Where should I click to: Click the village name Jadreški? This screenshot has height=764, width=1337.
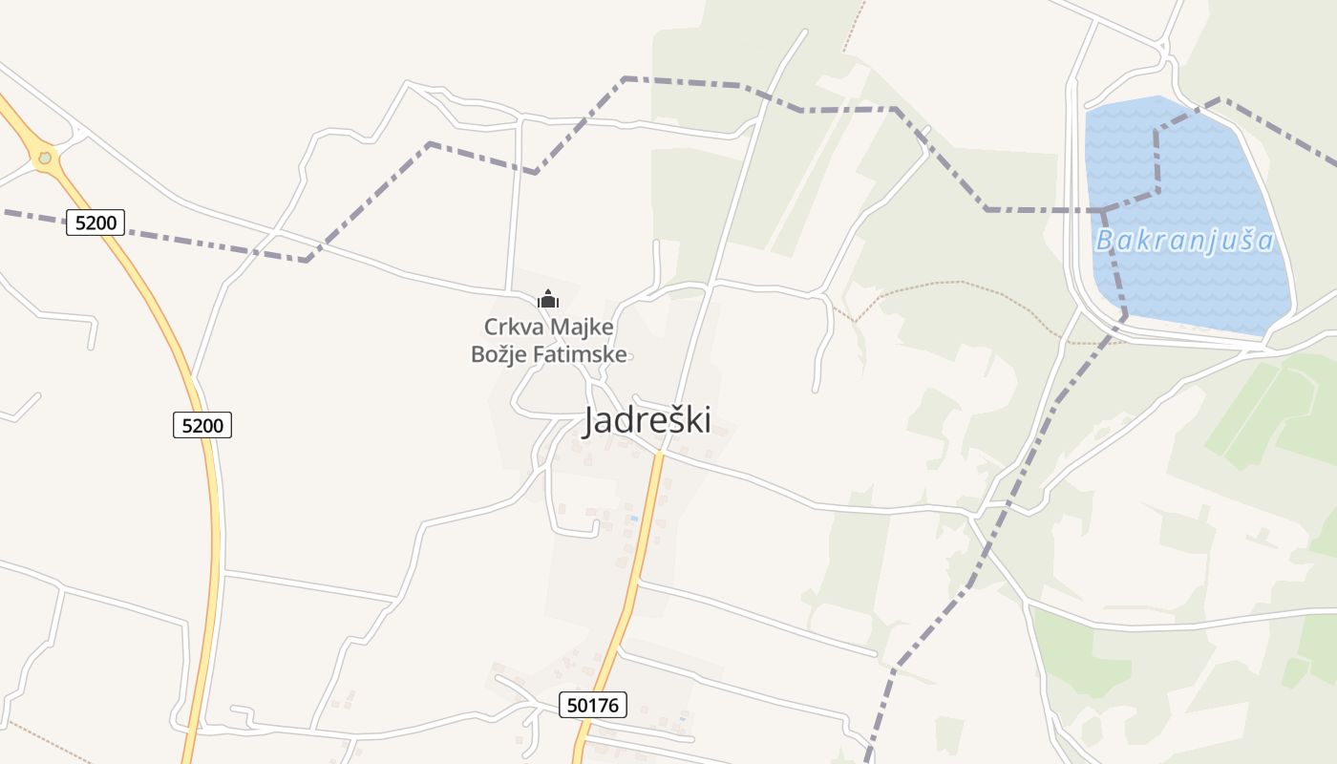pos(647,419)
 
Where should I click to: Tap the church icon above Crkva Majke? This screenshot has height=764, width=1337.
pos(548,300)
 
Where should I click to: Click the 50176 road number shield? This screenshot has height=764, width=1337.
pos(593,706)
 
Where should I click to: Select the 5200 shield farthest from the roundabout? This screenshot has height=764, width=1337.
pos(202,425)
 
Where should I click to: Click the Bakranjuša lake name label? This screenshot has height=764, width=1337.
pos(1184,240)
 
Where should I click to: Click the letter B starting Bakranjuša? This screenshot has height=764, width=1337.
pos(1105,240)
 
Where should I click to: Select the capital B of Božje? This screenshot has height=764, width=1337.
pos(478,355)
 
